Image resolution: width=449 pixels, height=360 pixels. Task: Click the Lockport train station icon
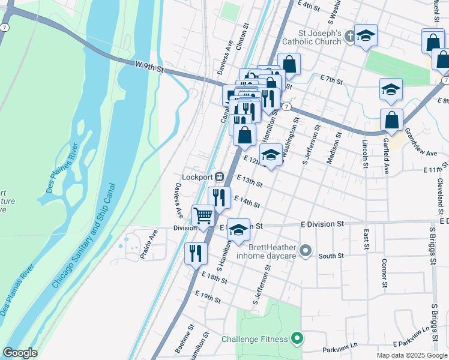[220, 176]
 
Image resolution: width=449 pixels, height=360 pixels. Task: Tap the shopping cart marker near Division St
[203, 215]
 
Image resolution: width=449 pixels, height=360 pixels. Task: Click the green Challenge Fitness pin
[296, 339]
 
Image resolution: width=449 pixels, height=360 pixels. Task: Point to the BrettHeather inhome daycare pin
[306, 251]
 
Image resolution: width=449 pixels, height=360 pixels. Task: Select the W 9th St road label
[149, 66]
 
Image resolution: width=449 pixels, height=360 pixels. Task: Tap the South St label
[331, 256]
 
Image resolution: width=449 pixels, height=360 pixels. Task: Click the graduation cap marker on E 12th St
[271, 155]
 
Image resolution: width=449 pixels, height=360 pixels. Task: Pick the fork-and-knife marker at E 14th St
[220, 197]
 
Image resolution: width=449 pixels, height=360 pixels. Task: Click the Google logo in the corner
[20, 353]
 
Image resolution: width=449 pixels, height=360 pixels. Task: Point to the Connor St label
[384, 273]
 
